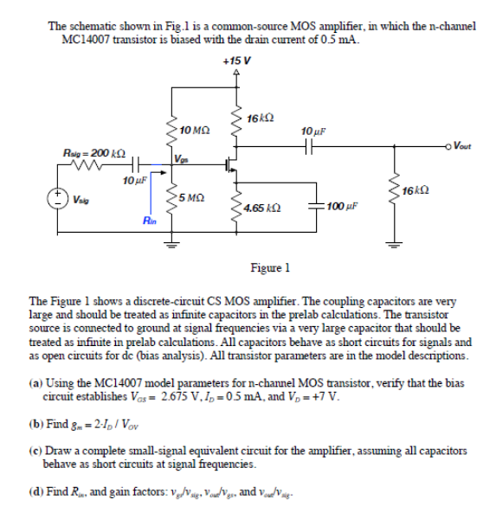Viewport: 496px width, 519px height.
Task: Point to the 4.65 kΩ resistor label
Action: click(x=260, y=208)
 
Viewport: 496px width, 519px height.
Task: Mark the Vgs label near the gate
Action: click(x=180, y=157)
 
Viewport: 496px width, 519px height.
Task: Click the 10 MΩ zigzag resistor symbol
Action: click(x=170, y=130)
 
